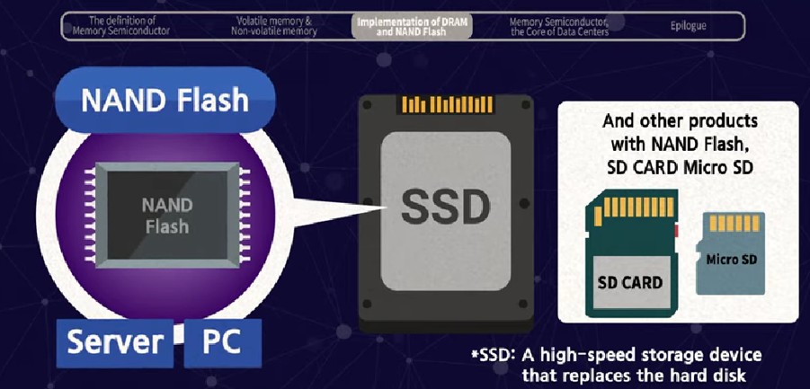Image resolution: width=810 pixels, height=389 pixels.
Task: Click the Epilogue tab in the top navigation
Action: click(x=688, y=26)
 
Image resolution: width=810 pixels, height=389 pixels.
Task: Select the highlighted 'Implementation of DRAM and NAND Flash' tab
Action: click(x=413, y=26)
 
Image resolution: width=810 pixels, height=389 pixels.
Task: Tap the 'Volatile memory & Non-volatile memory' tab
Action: click(x=276, y=26)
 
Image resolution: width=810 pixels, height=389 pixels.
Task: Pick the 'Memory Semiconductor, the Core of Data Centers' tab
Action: click(x=558, y=26)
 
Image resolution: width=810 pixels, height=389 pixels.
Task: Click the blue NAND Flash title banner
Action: click(x=165, y=99)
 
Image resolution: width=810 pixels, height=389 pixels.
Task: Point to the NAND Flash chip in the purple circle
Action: click(x=167, y=217)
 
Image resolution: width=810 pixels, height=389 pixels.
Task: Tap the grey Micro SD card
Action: click(x=730, y=253)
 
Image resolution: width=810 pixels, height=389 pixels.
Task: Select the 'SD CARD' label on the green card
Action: click(x=630, y=282)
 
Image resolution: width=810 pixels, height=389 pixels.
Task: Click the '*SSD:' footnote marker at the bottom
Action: click(x=493, y=355)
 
